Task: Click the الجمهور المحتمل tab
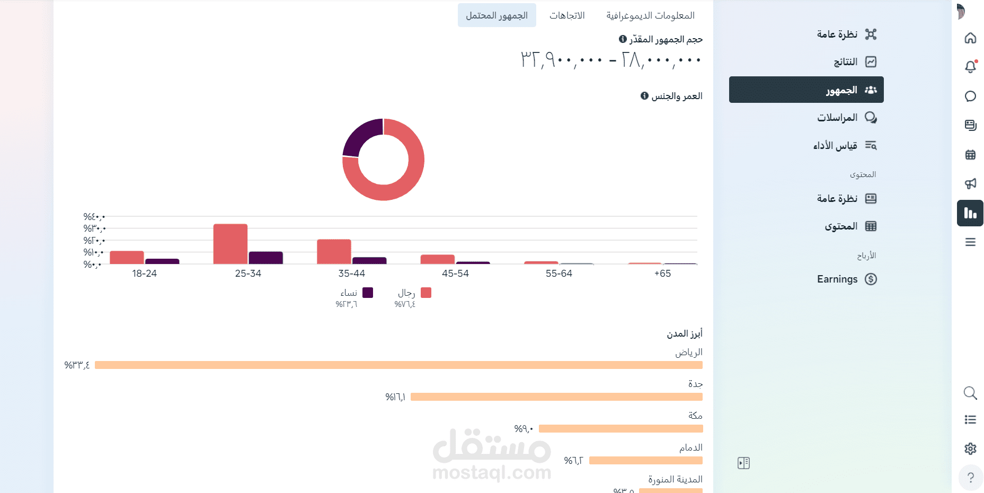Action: pyautogui.click(x=497, y=15)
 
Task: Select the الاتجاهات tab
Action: pyautogui.click(x=567, y=15)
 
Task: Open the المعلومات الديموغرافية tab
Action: pyautogui.click(x=650, y=15)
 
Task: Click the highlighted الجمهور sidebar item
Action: pyautogui.click(x=806, y=90)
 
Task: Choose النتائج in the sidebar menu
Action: pyautogui.click(x=846, y=62)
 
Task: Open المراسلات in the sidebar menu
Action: pyautogui.click(x=837, y=117)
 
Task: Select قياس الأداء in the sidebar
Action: pyautogui.click(x=835, y=145)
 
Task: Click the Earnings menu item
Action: pyautogui.click(x=837, y=279)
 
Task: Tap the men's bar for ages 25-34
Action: pyautogui.click(x=231, y=244)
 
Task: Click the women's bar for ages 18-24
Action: pyautogui.click(x=162, y=261)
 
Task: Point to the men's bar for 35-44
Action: pyautogui.click(x=334, y=251)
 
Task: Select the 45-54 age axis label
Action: pyautogui.click(x=455, y=274)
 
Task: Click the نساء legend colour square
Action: pyautogui.click(x=368, y=293)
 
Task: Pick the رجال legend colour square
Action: pyautogui.click(x=426, y=293)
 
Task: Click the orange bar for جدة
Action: pyautogui.click(x=556, y=397)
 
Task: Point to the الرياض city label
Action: pyautogui.click(x=688, y=353)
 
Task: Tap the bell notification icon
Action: pyautogui.click(x=970, y=67)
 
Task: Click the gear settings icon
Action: pyautogui.click(x=970, y=448)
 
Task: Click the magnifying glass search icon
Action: pyautogui.click(x=970, y=393)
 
